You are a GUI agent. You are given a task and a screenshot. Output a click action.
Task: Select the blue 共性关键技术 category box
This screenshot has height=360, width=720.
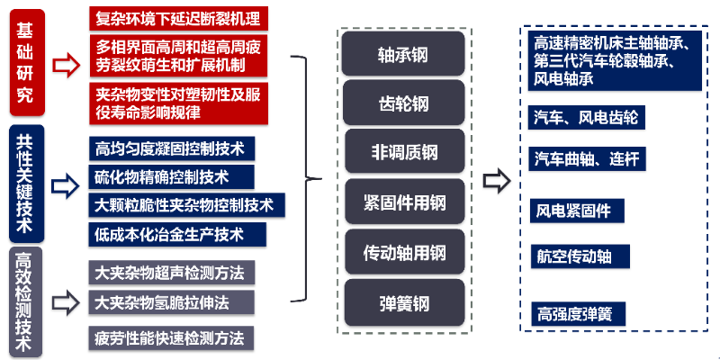[x=24, y=184]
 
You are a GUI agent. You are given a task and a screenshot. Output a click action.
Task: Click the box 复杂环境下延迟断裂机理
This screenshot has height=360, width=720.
[x=181, y=17]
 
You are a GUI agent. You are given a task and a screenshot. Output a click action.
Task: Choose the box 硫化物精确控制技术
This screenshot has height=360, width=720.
[x=162, y=175]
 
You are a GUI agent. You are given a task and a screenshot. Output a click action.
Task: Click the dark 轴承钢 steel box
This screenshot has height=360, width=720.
[x=404, y=54]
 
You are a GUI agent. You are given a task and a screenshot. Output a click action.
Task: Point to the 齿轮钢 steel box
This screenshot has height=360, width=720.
[x=404, y=103]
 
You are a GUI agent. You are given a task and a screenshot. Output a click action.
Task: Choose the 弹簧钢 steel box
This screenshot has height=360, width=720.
[x=404, y=302]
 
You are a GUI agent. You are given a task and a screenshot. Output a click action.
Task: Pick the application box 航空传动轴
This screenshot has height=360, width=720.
[x=573, y=256]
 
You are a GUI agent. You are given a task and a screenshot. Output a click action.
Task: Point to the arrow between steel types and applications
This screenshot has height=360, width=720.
[x=497, y=180]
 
